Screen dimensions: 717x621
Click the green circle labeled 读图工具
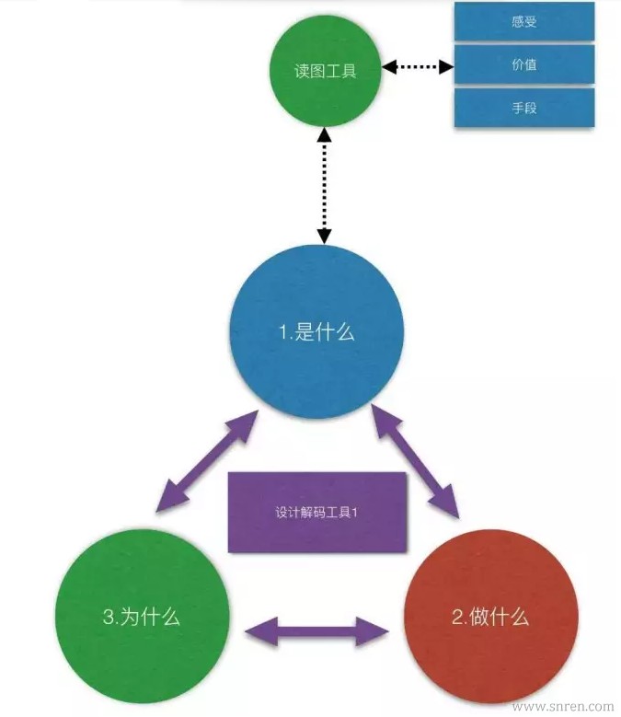[325, 70]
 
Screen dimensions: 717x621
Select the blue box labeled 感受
[524, 22]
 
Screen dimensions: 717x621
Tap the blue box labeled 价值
[524, 64]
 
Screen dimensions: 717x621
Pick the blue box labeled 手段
[524, 108]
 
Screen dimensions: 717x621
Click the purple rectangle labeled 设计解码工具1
[316, 512]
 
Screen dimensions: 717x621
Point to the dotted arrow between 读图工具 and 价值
[419, 67]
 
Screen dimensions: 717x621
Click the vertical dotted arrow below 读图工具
[324, 185]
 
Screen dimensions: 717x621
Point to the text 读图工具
[325, 71]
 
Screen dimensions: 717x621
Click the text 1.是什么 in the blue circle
[316, 333]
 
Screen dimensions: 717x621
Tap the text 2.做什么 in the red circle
[489, 617]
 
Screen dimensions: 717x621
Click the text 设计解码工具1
[316, 512]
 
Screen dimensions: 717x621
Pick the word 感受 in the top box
[523, 22]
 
